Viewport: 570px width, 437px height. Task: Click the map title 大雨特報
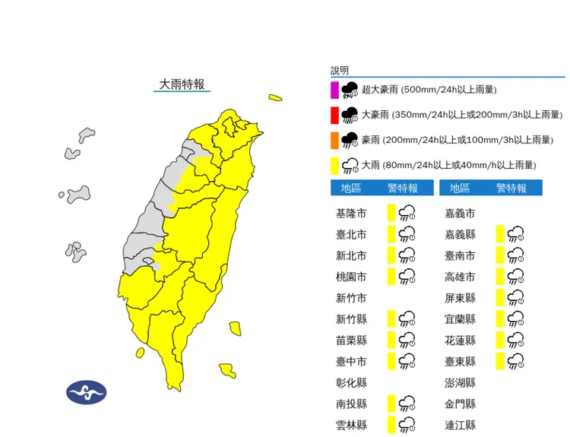182,84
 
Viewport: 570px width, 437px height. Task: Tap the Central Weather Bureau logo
86,392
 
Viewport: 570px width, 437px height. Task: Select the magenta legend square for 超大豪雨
334,90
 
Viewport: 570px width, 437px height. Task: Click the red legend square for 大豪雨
334,115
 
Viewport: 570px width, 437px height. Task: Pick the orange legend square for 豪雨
334,140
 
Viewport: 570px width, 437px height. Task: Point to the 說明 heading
340,70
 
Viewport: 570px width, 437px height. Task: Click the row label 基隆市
351,214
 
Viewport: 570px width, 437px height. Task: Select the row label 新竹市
351,298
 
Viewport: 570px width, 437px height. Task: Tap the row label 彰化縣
351,382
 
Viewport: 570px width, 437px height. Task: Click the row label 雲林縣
351,425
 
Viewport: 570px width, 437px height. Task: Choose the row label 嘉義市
460,214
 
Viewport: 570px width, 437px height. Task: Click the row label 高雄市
460,277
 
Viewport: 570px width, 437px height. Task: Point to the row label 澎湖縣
460,382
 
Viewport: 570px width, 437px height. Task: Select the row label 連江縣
460,425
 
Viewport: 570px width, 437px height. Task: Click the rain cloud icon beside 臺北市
407,234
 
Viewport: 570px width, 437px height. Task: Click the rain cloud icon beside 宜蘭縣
516,318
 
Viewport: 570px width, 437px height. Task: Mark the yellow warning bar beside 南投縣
391,403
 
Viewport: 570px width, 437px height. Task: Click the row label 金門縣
460,404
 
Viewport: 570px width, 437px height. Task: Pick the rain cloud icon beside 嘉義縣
516,234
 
